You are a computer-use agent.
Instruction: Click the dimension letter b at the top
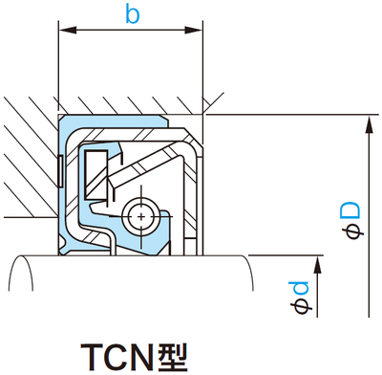click(x=132, y=16)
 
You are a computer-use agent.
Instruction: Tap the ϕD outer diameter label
click(x=353, y=219)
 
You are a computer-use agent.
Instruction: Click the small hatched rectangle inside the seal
click(x=95, y=172)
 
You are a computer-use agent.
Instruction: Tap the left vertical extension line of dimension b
click(x=59, y=67)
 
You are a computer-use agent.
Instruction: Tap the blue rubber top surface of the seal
click(x=115, y=120)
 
